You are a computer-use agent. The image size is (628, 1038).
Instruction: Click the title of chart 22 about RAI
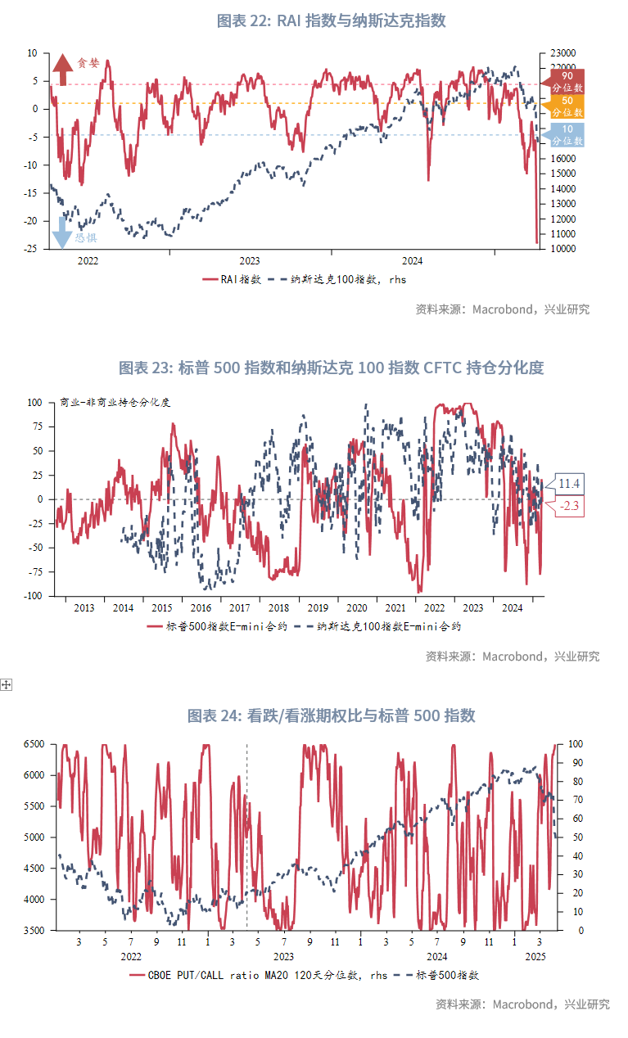pyautogui.click(x=331, y=21)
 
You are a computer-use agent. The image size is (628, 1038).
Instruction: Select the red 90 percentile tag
pyautogui.click(x=566, y=80)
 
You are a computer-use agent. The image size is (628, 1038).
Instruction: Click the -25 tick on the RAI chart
pyautogui.click(x=32, y=249)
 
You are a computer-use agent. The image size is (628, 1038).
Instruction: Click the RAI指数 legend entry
pyautogui.click(x=233, y=279)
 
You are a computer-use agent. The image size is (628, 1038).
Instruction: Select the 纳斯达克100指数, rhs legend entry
pyautogui.click(x=337, y=279)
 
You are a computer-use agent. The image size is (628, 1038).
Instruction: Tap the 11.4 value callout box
pyautogui.click(x=570, y=484)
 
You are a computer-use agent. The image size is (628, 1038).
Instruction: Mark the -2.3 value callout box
pyautogui.click(x=570, y=507)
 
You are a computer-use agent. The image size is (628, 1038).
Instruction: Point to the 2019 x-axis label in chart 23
pyautogui.click(x=318, y=608)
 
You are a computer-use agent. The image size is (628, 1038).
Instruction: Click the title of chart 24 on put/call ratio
pyautogui.click(x=331, y=716)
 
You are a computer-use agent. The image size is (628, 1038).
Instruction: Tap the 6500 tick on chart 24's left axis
pyautogui.click(x=33, y=743)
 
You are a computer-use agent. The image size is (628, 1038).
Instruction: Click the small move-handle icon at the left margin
pyautogui.click(x=7, y=684)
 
